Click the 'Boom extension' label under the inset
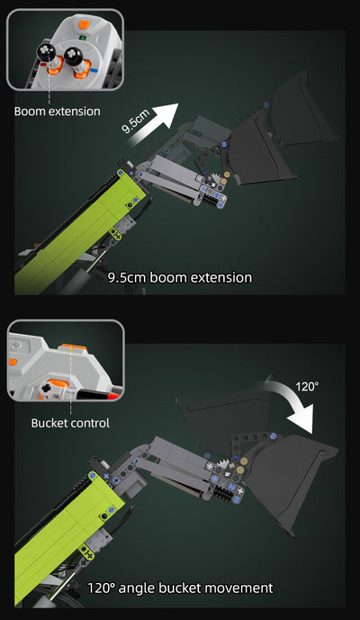[58, 111]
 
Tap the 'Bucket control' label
[70, 423]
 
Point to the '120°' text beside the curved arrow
[307, 386]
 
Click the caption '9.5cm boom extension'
[180, 277]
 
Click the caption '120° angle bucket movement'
[180, 588]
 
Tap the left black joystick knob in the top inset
[47, 52]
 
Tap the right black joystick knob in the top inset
[73, 56]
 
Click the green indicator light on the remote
[84, 39]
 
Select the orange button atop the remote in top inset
[85, 24]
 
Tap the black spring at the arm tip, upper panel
[211, 201]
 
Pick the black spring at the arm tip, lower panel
[224, 493]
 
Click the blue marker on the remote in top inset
[94, 71]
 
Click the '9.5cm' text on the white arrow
[136, 121]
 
